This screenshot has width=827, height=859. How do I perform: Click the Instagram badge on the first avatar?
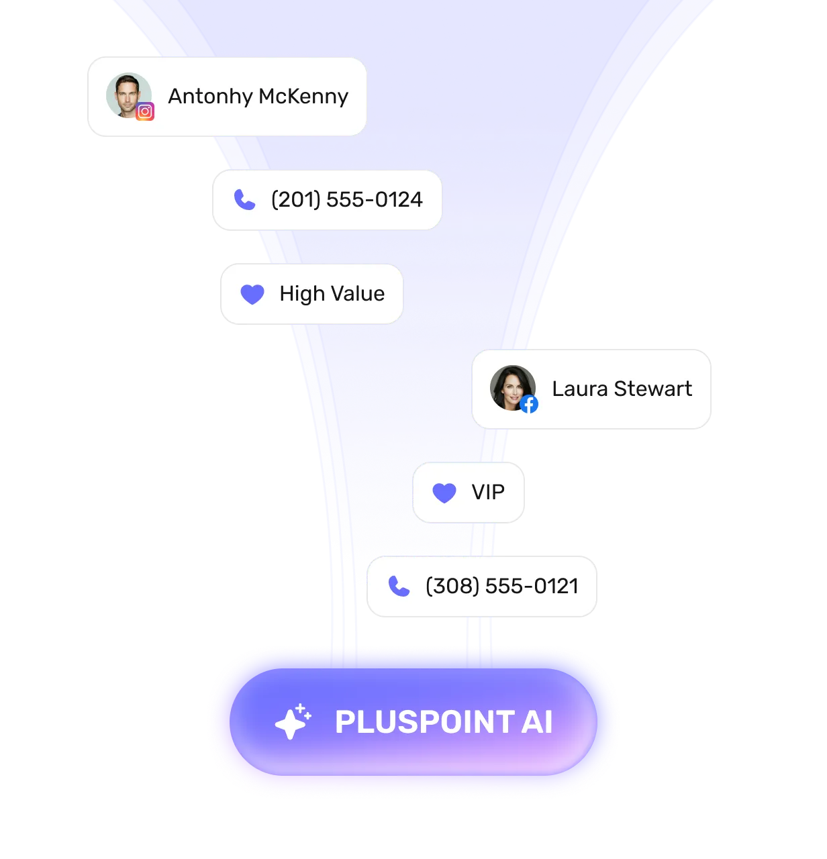(145, 111)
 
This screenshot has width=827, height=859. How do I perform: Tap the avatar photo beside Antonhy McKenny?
(128, 95)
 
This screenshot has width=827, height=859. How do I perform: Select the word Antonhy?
(210, 97)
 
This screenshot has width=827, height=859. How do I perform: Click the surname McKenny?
(303, 97)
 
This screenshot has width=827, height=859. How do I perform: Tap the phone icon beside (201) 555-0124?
(244, 199)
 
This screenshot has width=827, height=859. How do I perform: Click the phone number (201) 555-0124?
(347, 199)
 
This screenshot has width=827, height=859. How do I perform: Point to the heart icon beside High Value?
(252, 294)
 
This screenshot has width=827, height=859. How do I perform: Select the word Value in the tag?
(358, 293)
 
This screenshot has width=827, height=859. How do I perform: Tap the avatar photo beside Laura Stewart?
(513, 388)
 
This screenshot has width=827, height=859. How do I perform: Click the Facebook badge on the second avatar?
(528, 405)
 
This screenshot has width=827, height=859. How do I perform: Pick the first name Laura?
(580, 389)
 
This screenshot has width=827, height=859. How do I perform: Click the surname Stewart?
(653, 389)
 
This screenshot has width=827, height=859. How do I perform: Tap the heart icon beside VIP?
(444, 493)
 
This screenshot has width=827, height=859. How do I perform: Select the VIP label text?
(488, 492)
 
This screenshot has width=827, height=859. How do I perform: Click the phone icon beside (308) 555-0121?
(399, 587)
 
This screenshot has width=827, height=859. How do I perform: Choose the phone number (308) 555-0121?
(502, 587)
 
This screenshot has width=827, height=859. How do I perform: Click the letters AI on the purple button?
(537, 722)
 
